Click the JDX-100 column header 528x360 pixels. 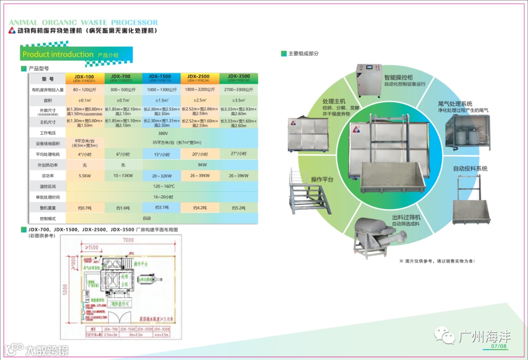click(84, 78)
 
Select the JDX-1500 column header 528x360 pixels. click(161, 78)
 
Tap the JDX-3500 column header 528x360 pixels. click(238, 78)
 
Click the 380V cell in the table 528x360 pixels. click(163, 133)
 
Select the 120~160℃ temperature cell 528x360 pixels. click(163, 187)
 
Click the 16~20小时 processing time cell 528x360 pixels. click(163, 197)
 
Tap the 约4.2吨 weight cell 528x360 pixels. click(200, 208)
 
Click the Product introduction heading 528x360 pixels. click(58, 55)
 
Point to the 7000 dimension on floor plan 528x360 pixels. click(128, 240)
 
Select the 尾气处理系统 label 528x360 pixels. click(455, 104)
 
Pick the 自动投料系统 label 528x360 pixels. click(470, 169)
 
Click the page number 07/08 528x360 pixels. click(499, 347)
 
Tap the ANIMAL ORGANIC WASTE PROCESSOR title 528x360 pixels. click(83, 22)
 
